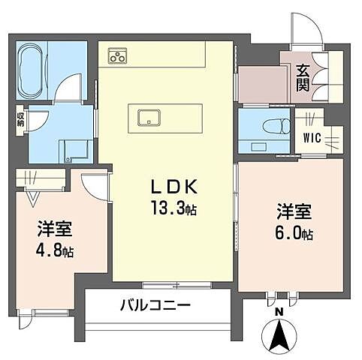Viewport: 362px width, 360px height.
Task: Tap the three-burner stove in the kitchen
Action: (118, 55)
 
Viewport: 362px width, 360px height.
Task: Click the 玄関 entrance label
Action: (303, 78)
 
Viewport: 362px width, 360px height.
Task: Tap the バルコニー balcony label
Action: (155, 306)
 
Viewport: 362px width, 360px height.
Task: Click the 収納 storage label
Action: (20, 119)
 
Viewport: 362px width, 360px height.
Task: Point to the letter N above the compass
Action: (279, 311)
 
